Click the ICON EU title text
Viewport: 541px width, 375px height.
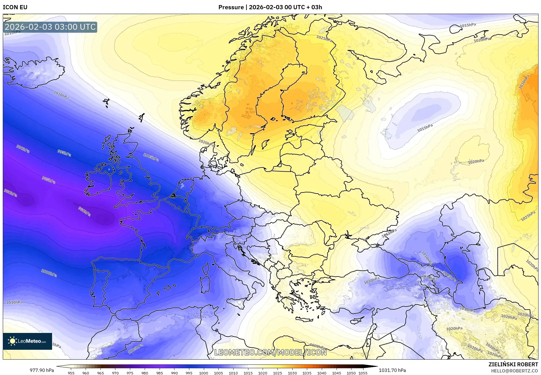(15, 7)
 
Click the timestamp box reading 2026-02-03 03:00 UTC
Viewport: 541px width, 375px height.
(50, 27)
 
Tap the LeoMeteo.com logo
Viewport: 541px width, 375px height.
(27, 341)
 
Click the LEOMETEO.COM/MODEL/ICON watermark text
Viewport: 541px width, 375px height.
(270, 352)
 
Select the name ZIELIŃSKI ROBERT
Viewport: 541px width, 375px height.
(513, 364)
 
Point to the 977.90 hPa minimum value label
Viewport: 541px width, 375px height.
(42, 370)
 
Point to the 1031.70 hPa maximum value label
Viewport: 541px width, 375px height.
(392, 370)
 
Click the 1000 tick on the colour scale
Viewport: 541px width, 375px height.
(204, 373)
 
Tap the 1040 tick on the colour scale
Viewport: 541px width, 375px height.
(322, 373)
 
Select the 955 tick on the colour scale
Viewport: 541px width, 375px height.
(71, 373)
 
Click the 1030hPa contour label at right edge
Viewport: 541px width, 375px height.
(524, 82)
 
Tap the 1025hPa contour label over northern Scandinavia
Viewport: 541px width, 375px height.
(324, 38)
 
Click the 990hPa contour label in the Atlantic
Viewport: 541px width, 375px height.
(23, 149)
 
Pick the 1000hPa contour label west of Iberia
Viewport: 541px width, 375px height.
(49, 273)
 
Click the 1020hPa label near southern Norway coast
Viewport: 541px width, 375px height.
(206, 143)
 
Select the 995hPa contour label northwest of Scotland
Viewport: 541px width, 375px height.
(64, 153)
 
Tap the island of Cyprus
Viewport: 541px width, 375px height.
(358, 320)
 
